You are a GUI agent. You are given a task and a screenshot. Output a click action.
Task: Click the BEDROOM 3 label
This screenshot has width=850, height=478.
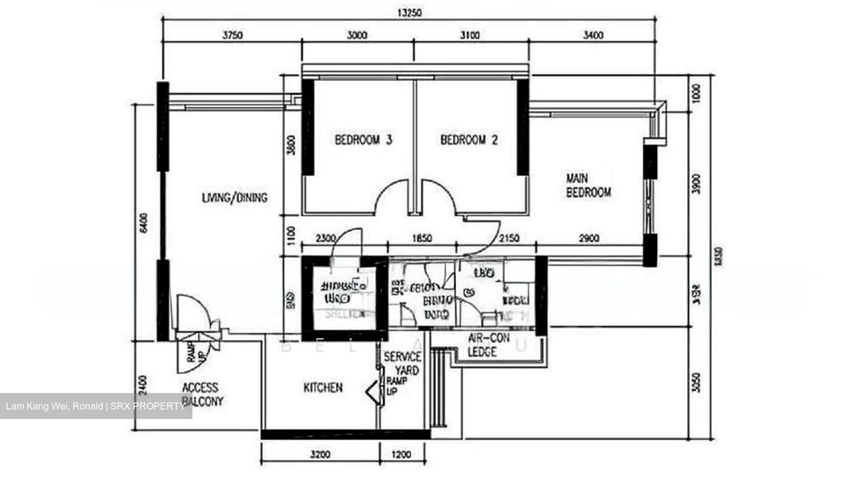[364, 140]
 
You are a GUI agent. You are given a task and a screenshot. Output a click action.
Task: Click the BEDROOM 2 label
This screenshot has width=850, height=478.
[469, 140]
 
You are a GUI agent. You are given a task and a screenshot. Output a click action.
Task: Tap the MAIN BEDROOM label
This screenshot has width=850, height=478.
[588, 185]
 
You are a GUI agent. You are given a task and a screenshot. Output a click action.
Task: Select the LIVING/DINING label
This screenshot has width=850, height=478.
[234, 198]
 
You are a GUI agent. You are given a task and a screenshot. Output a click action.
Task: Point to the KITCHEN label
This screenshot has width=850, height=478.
[323, 388]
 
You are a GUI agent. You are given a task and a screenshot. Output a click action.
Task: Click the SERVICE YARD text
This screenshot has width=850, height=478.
[403, 364]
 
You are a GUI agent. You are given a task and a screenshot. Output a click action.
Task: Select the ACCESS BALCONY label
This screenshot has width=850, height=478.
[201, 394]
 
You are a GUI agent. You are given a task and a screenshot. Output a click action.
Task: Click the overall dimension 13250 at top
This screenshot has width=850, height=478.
[410, 12]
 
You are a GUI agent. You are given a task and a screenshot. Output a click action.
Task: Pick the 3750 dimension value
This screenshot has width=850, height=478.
[233, 35]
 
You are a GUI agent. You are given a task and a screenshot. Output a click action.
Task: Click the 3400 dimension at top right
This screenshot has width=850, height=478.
[593, 35]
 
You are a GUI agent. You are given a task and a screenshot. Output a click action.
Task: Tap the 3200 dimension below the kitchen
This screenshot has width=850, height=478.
[320, 455]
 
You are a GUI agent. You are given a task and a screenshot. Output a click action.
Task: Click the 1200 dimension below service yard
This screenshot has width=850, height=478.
[401, 455]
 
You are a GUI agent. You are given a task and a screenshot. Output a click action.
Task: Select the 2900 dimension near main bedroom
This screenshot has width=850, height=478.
[589, 238]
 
